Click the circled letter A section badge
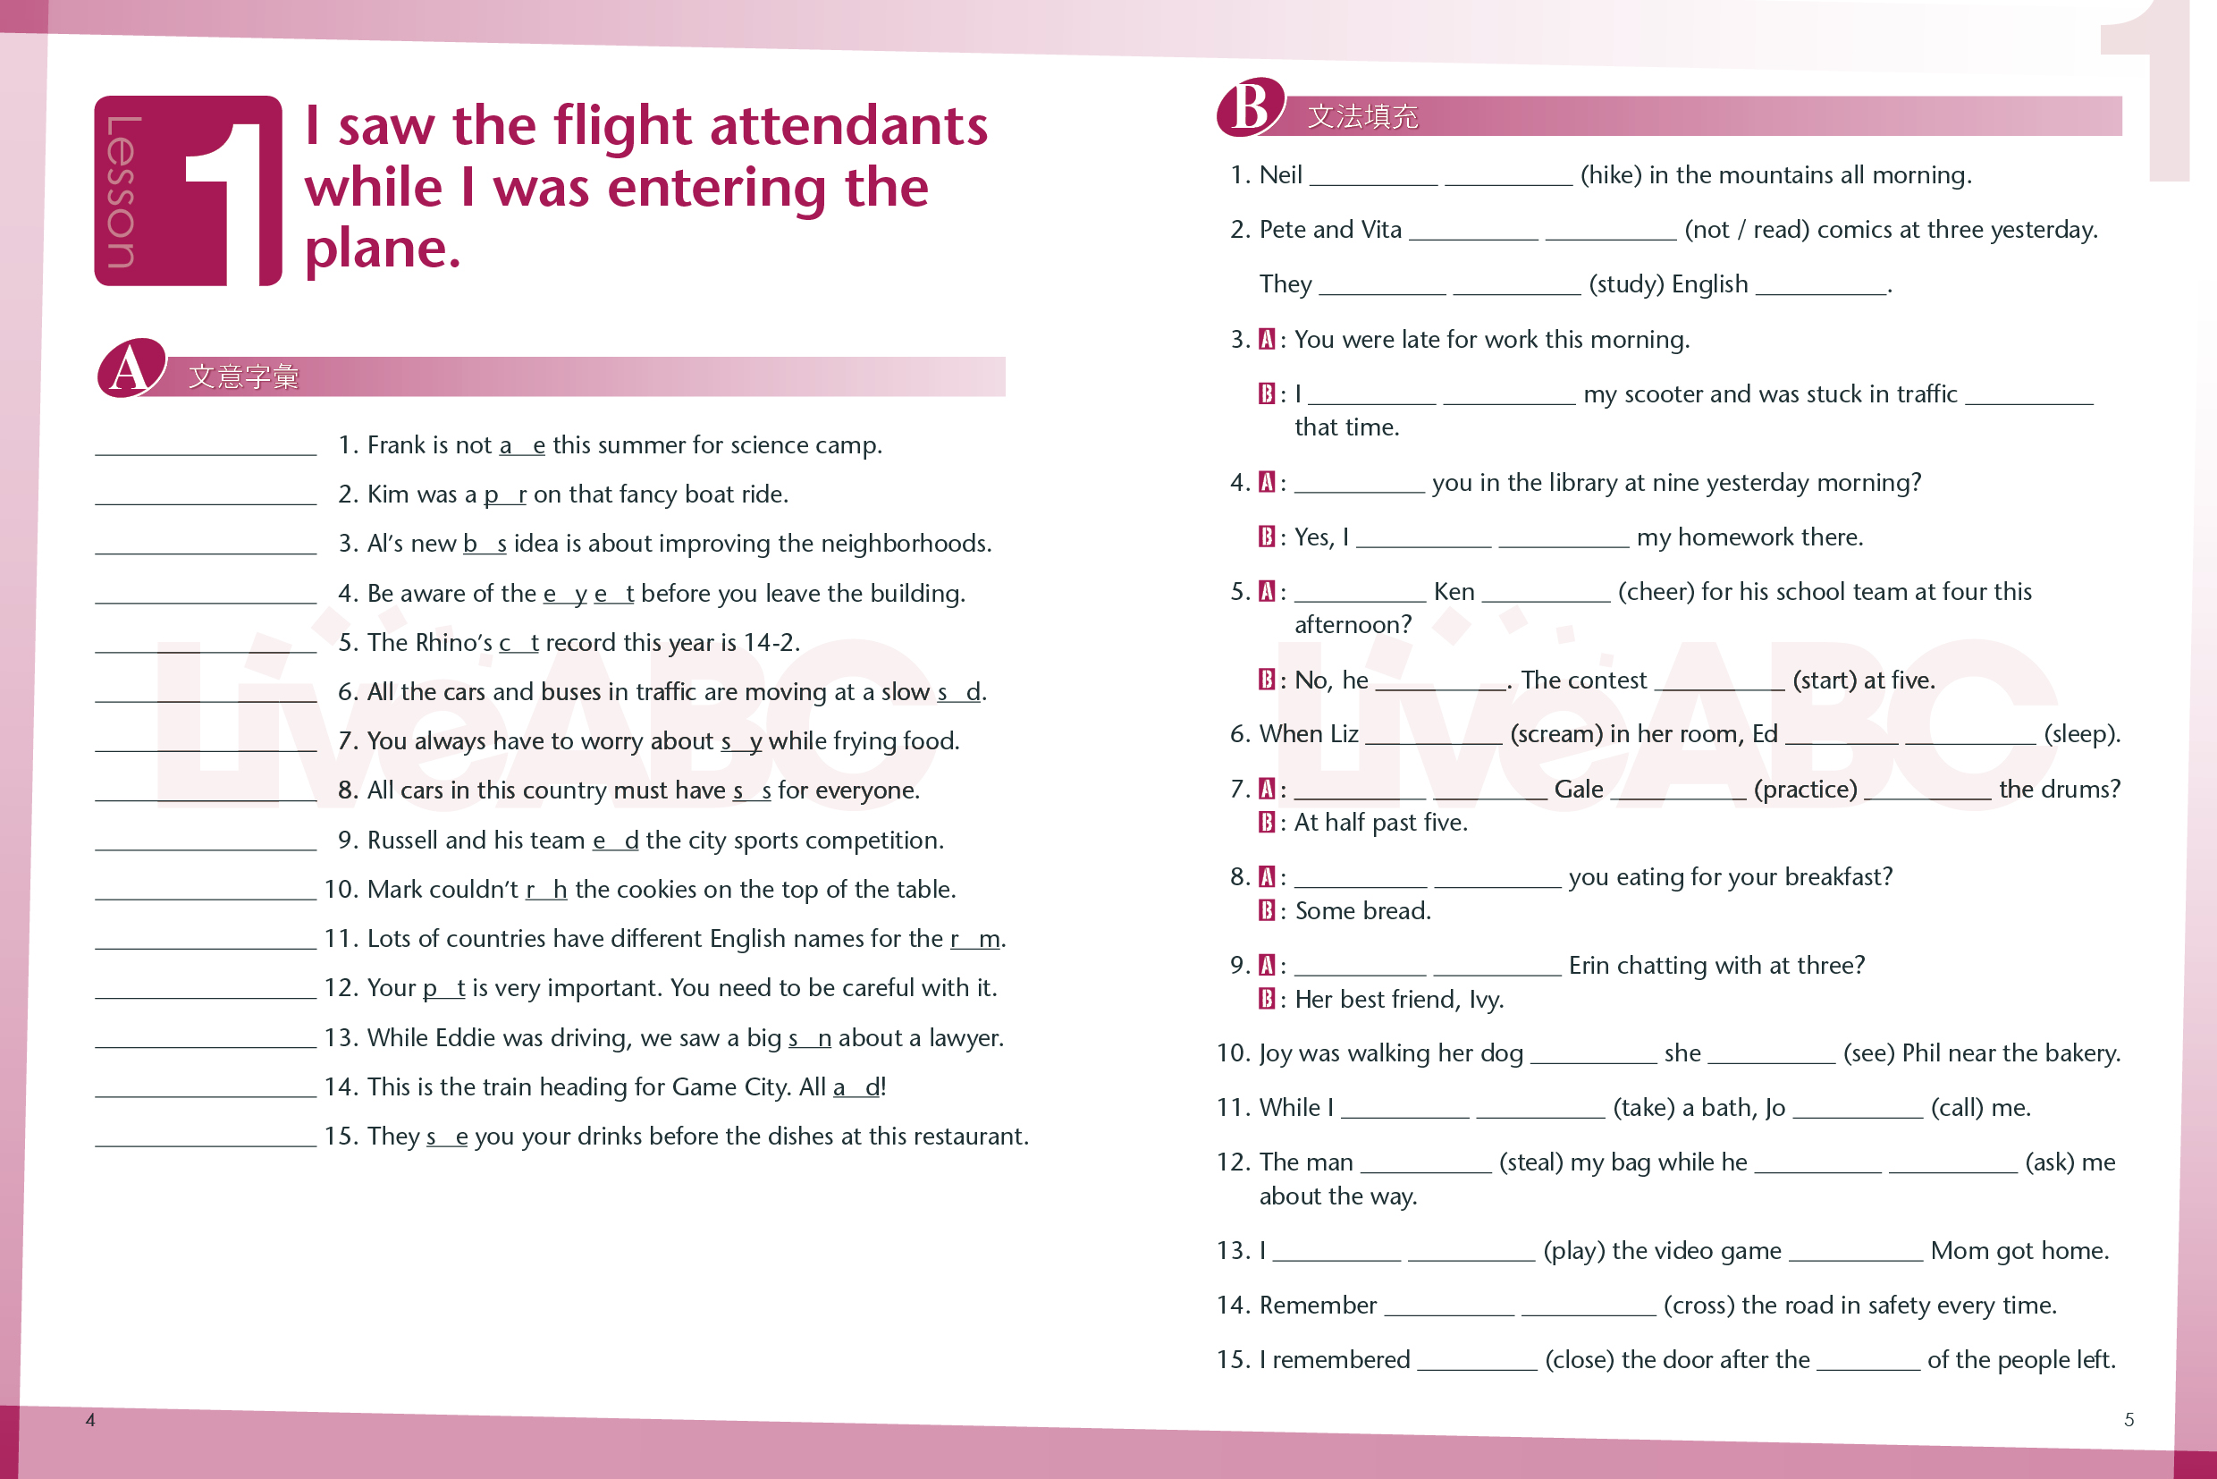coord(131,368)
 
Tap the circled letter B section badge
coord(1251,106)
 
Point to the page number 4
coord(90,1420)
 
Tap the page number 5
coord(2128,1420)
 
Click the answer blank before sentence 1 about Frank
coord(206,445)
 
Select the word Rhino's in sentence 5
coord(456,642)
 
